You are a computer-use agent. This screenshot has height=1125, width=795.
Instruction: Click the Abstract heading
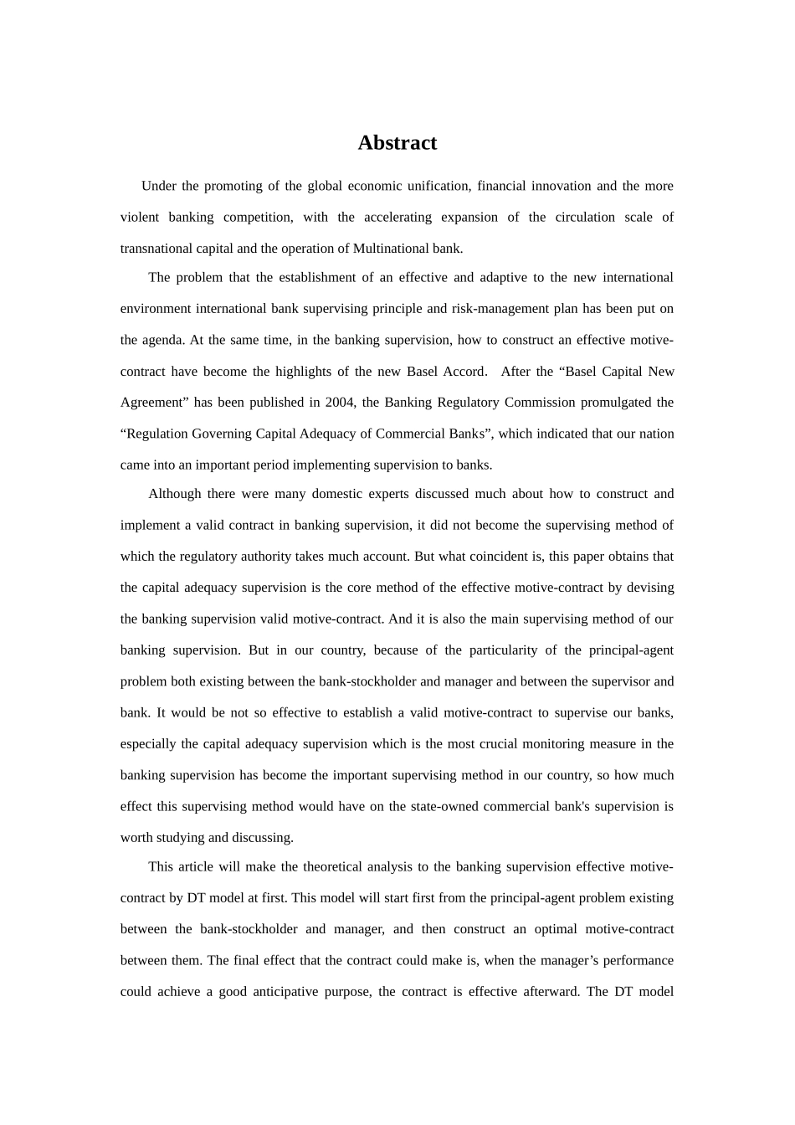397,143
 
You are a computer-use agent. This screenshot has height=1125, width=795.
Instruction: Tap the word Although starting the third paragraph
174,494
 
